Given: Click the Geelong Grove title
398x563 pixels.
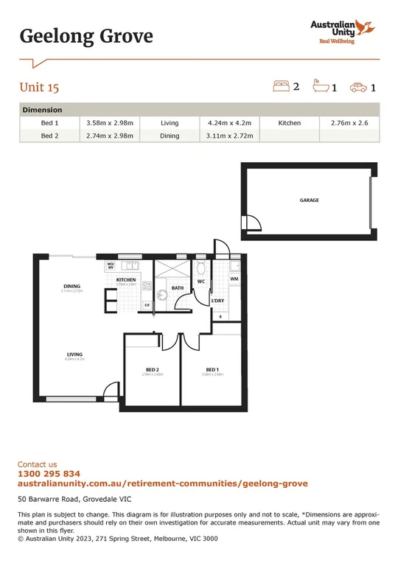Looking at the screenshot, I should tap(86, 35).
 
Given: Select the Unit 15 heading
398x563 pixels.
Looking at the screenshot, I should tap(39, 88).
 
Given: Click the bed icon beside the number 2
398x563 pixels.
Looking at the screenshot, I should tap(281, 87).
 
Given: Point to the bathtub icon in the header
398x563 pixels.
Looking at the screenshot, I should tap(321, 88).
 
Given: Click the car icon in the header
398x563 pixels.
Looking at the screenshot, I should tap(359, 88).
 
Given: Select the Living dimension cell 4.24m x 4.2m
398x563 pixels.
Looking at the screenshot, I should tap(231, 123).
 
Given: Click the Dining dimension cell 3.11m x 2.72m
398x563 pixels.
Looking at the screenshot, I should tap(231, 136).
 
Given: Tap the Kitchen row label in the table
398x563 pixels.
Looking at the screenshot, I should tap(289, 123).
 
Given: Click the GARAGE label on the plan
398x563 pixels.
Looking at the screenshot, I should tap(309, 200).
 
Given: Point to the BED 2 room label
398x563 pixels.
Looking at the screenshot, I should tap(153, 369).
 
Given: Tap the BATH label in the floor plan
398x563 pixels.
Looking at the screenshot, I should tap(177, 288).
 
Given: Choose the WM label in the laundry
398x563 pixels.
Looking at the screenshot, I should tap(234, 279).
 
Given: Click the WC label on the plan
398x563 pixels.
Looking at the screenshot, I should tap(200, 281).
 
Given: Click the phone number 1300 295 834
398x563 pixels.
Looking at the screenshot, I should tap(49, 474).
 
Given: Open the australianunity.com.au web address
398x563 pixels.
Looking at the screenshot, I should tap(162, 483).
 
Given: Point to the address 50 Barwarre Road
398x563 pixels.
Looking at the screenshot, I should tap(69, 500).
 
